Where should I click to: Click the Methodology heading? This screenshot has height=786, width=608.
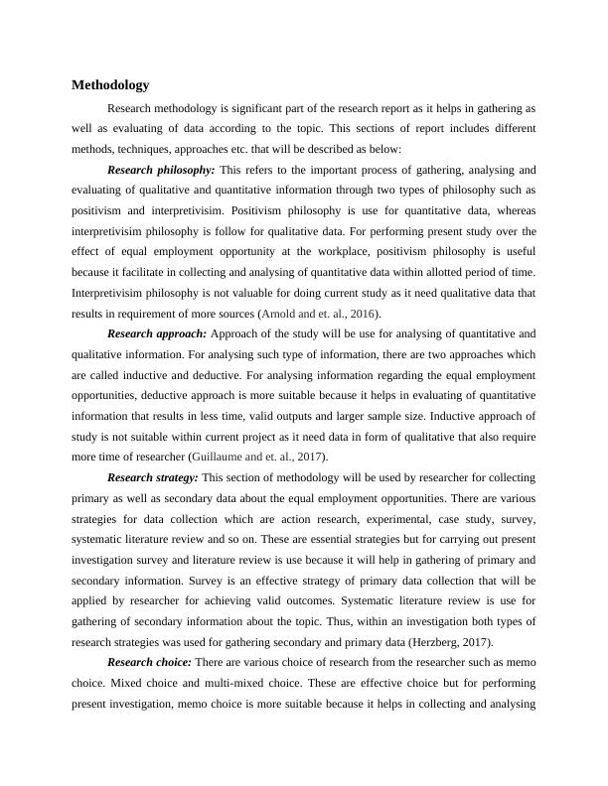tap(110, 85)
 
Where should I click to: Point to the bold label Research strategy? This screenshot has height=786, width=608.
tap(153, 476)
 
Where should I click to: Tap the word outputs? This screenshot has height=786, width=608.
tap(310, 415)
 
